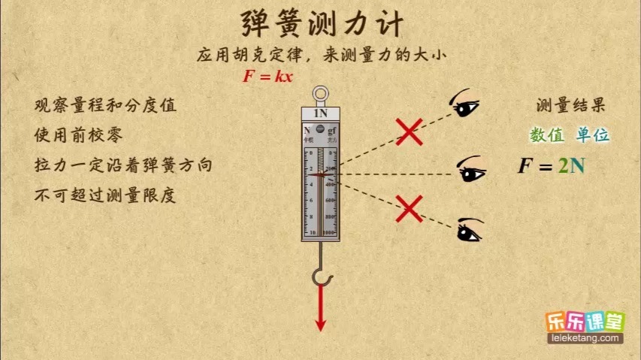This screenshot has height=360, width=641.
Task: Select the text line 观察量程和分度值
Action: tap(105, 106)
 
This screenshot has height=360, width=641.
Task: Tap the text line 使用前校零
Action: tap(78, 135)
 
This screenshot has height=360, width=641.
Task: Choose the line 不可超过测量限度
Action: tap(105, 195)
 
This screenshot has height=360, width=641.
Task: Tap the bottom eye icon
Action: tap(469, 229)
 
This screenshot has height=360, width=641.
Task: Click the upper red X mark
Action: tap(409, 132)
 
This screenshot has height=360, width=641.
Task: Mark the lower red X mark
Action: tap(409, 208)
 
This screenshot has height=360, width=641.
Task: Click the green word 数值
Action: tap(547, 135)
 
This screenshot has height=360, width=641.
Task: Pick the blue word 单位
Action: tap(593, 135)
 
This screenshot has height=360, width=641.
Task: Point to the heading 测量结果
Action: tap(570, 106)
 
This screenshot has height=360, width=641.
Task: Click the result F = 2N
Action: tap(551, 166)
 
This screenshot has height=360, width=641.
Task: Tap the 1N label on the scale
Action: tap(320, 113)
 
